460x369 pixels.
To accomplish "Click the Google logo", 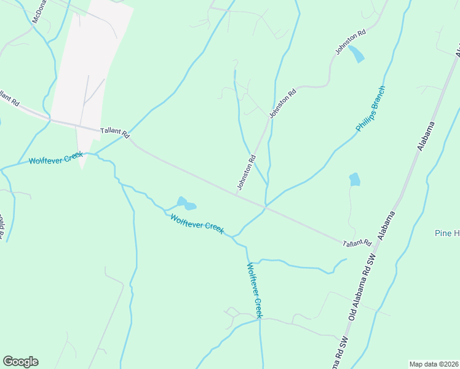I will click(20, 362).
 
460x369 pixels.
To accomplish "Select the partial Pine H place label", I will click(446, 233).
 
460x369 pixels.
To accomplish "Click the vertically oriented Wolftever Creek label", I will click(255, 290).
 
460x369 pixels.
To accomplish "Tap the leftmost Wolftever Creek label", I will click(55, 158).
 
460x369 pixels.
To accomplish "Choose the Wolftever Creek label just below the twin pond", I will click(197, 223).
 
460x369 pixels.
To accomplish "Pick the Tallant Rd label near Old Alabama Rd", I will click(357, 244).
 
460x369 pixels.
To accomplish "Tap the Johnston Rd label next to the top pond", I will click(351, 42).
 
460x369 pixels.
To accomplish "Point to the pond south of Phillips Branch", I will click(355, 180).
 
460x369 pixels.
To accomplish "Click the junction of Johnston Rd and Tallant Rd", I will click(239, 193).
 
